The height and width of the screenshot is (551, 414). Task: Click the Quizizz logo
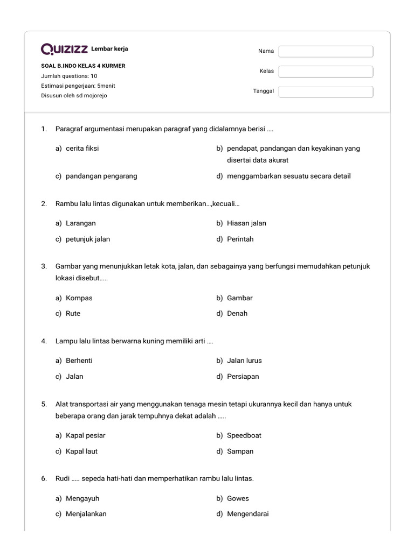tap(65, 50)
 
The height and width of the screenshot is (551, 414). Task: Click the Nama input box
tap(326, 51)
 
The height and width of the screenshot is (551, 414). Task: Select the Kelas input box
tap(326, 72)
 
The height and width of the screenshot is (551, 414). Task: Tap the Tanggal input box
tap(326, 91)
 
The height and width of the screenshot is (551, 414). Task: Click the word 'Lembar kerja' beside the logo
tap(110, 49)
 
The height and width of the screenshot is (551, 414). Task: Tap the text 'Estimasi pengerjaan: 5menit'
tap(78, 86)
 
